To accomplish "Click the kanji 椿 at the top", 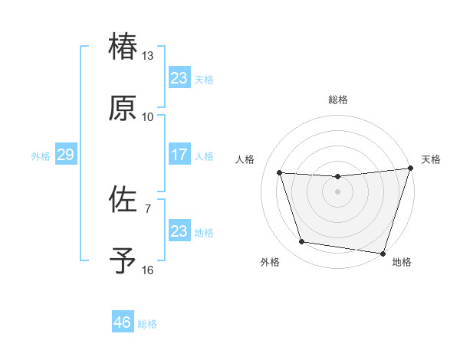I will pos(123,47).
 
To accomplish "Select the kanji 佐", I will pos(123,200).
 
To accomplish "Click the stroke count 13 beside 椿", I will pos(148,56).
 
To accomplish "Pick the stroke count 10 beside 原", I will pos(148,117).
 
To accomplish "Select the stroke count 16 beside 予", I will pos(148,270).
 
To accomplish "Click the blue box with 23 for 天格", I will pos(179,78).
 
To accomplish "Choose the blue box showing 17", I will pos(179,155).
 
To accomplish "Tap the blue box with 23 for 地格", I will pos(179,231).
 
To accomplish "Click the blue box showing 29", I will pos(66,155).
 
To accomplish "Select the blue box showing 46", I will pos(123,322).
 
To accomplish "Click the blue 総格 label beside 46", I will pos(147,324).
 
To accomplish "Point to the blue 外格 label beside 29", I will pos(41,156).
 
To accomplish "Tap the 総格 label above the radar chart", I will pos(337,100).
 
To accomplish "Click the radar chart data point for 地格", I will pos(383,253).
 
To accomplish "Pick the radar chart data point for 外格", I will pos(302,242).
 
